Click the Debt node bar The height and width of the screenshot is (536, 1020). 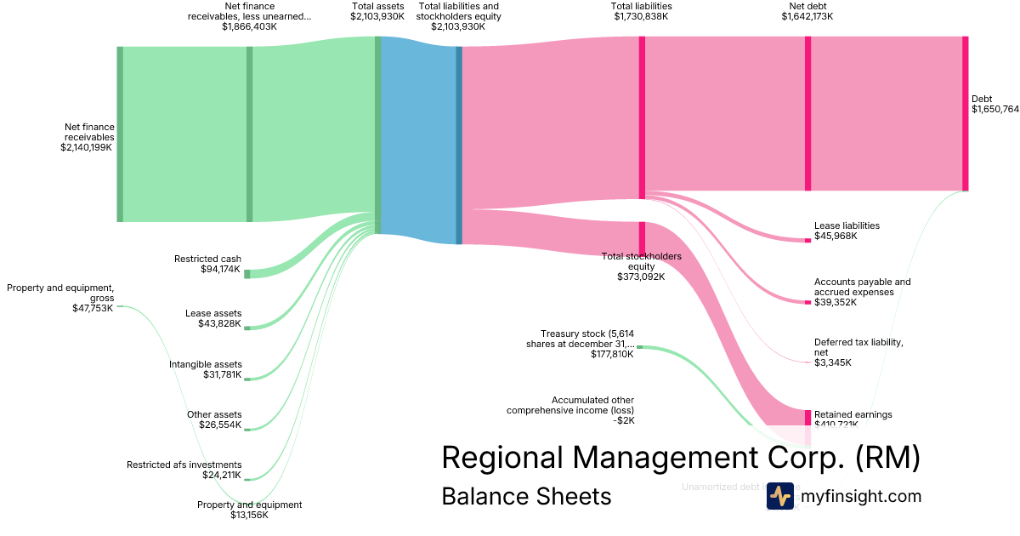[x=965, y=113]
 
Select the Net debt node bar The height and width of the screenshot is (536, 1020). [x=807, y=113]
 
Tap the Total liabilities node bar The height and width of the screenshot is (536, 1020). [x=642, y=117]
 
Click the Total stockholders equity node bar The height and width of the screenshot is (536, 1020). [x=642, y=237]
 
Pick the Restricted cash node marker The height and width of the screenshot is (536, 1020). [x=247, y=274]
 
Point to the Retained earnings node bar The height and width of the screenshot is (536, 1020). [x=807, y=417]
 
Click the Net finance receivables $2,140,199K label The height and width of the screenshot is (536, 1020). [x=88, y=137]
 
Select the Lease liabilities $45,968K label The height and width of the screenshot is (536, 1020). [x=847, y=231]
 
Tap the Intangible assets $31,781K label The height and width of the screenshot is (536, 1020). [x=205, y=369]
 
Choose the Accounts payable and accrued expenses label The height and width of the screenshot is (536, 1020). [x=862, y=292]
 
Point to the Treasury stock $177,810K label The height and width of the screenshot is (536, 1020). [x=586, y=344]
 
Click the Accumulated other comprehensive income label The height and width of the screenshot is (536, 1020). [x=570, y=409]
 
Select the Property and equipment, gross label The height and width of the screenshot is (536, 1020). [x=60, y=298]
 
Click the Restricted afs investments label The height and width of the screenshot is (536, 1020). [x=184, y=470]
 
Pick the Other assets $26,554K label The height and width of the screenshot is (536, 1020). [x=214, y=419]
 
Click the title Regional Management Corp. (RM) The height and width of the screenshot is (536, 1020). [x=681, y=458]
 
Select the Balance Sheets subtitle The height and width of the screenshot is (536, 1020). [x=526, y=496]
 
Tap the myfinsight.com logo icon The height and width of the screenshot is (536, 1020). [x=779, y=496]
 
